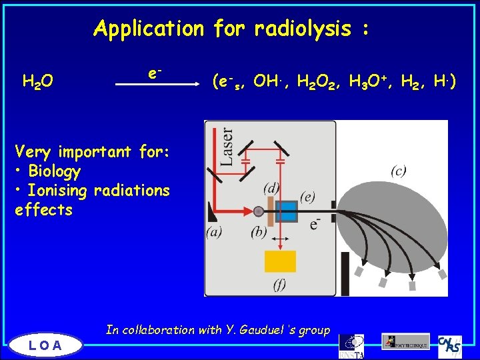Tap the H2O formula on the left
tap(39, 82)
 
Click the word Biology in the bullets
tap(55, 171)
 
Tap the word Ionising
tap(57, 191)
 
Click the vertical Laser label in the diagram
tap(227, 146)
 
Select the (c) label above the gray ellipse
tap(399, 171)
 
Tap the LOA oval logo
tap(46, 345)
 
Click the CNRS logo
tap(450, 345)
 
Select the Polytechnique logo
tap(405, 341)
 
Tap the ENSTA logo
tap(351, 345)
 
